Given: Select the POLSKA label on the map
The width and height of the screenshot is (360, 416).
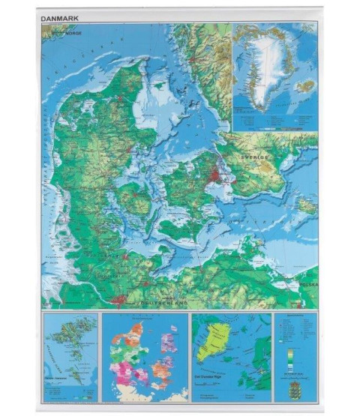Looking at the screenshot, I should (307, 286).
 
